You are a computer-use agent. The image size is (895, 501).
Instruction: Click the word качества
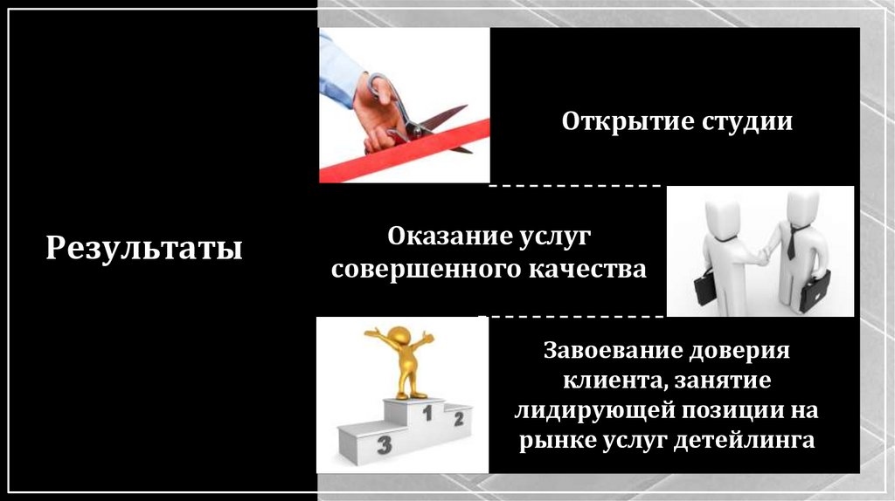(585, 270)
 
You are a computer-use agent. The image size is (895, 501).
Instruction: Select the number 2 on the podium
(458, 420)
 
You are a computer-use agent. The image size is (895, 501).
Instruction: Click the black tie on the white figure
(792, 240)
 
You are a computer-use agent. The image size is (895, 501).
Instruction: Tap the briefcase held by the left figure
(704, 286)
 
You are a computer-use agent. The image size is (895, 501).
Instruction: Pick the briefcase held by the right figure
(815, 291)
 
